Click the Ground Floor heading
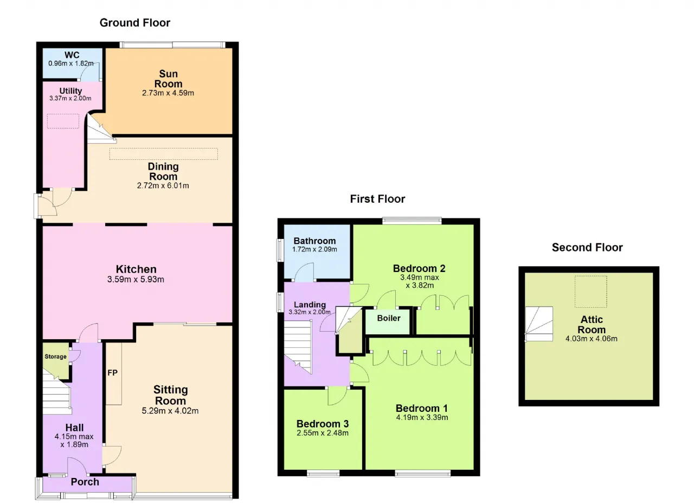(135, 23)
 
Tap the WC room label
(72, 55)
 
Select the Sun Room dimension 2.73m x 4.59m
(168, 93)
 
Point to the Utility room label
(70, 91)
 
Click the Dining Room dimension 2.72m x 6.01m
(163, 185)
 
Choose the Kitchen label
(136, 269)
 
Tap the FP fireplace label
(112, 373)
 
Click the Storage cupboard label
(55, 357)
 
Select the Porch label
(85, 482)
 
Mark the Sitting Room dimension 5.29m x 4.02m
(170, 411)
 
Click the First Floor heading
(377, 199)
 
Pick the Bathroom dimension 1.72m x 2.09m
(314, 249)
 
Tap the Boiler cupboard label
(389, 318)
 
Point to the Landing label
(310, 305)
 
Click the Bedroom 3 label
(323, 423)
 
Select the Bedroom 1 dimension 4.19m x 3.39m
(422, 417)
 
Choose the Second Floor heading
(587, 247)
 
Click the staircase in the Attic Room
(539, 324)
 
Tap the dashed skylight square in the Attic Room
(591, 292)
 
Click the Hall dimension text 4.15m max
(74, 436)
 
